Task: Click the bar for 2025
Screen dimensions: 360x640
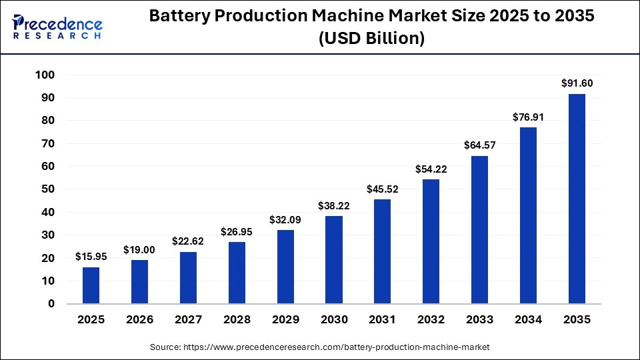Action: (x=91, y=285)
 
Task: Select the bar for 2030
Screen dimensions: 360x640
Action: (x=334, y=260)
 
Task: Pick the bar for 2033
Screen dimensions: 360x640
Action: (x=479, y=230)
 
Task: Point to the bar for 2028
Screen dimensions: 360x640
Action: (x=237, y=273)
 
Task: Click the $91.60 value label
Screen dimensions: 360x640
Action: (x=577, y=83)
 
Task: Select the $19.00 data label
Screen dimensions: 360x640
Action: (x=139, y=249)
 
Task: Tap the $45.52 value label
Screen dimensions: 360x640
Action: (x=383, y=189)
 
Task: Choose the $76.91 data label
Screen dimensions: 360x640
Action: (x=528, y=117)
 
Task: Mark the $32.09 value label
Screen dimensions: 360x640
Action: (x=285, y=219)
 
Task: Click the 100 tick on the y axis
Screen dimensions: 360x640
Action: (x=44, y=75)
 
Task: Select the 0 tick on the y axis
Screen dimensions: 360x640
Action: (x=51, y=304)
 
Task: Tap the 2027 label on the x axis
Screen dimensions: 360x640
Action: (x=188, y=320)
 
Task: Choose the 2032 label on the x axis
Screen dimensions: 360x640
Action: (x=431, y=320)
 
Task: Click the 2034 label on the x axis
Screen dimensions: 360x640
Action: (x=528, y=320)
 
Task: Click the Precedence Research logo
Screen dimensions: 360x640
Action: (x=57, y=27)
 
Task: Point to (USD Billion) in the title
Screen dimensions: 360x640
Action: (x=371, y=39)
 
